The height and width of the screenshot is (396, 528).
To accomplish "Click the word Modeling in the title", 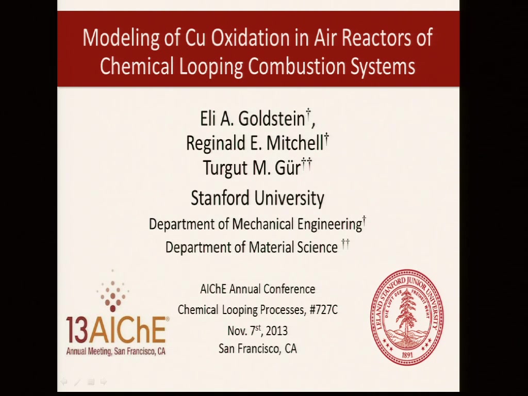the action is click(121, 38).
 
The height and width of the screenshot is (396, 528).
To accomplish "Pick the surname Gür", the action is click(288, 168).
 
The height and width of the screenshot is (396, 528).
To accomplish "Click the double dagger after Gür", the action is click(307, 164).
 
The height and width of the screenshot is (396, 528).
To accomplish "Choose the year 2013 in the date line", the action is click(276, 331).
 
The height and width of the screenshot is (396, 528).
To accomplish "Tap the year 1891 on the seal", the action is click(407, 355).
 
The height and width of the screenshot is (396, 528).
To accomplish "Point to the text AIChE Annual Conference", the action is click(258, 289).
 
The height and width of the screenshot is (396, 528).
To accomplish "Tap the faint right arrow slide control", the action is click(104, 382).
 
